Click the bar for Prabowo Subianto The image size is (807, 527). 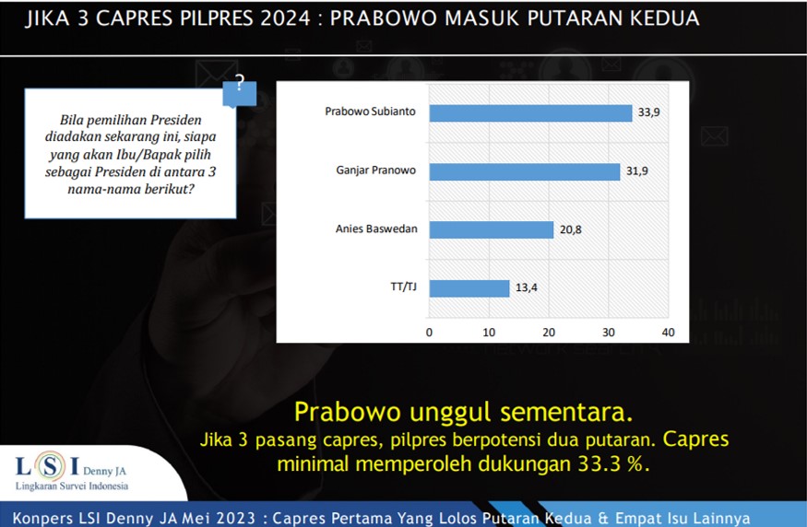coord(530,113)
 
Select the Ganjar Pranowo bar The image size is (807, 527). coord(525,171)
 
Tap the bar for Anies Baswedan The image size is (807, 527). coord(492,229)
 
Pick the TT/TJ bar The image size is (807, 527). coord(469,288)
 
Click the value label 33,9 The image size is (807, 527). coord(649,112)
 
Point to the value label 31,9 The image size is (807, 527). coord(637,170)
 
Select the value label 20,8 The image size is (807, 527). coord(571,229)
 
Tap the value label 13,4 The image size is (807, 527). coord(527,287)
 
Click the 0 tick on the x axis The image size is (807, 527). coord(429,332)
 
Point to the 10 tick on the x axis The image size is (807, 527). coord(489,332)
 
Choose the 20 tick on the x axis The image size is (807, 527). coord(549,332)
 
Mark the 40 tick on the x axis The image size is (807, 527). coord(668,332)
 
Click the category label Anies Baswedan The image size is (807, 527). coord(376,228)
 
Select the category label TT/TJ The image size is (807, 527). coord(404,287)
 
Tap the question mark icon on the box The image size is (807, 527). coord(239,84)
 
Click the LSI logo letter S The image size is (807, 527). coord(50,466)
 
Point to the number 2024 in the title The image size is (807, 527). coord(286,18)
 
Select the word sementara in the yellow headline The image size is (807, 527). coord(566,412)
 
